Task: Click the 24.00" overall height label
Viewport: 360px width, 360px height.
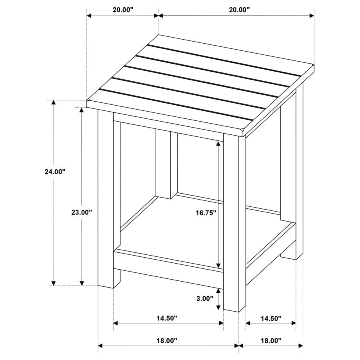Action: tap(55, 172)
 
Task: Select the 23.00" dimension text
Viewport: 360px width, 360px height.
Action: tap(82, 213)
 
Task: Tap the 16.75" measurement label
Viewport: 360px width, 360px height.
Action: tap(206, 213)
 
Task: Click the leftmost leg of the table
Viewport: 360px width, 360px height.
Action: tap(106, 200)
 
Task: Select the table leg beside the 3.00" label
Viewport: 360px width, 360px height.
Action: tap(232, 224)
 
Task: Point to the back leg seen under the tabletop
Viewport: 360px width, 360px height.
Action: tap(163, 164)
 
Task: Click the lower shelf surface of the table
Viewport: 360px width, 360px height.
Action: tap(204, 232)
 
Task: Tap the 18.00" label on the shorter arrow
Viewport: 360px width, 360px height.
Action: tap(271, 341)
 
